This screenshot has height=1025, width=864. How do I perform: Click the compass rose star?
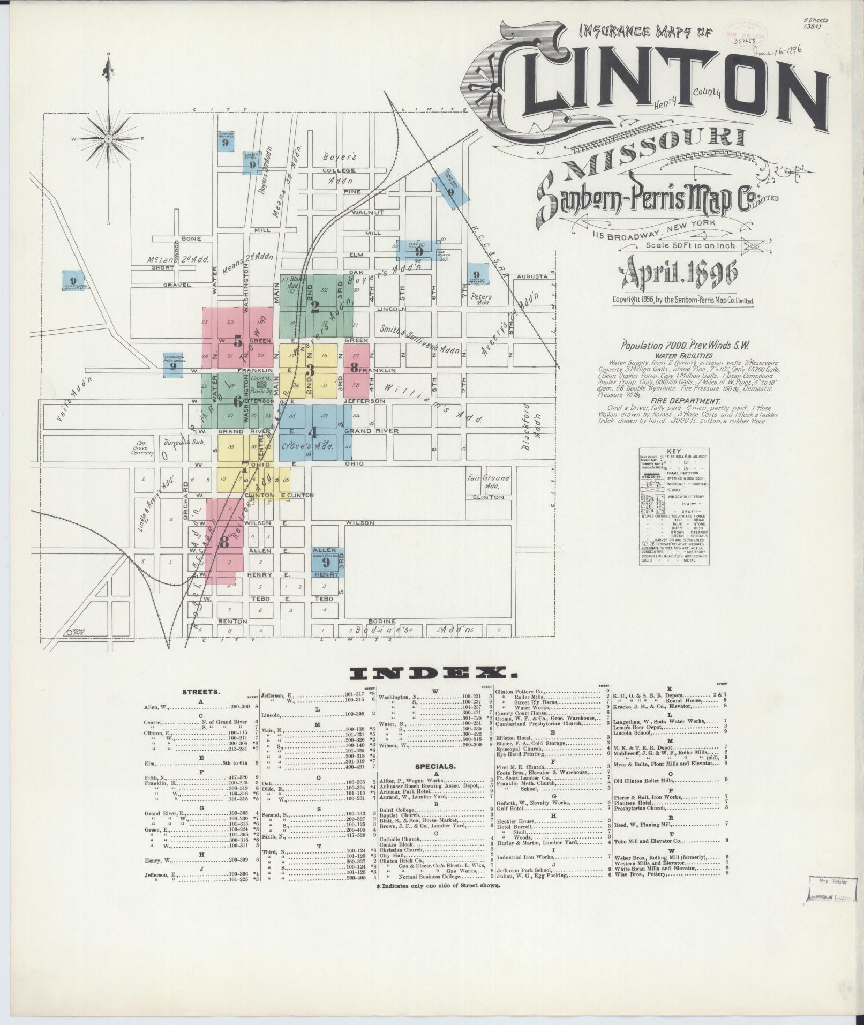click(x=108, y=139)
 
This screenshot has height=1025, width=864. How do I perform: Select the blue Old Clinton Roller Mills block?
click(x=74, y=281)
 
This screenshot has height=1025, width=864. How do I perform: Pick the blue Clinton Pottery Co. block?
click(x=476, y=275)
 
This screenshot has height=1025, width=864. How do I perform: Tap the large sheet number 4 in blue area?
click(x=314, y=431)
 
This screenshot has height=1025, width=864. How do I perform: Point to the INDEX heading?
click(x=433, y=674)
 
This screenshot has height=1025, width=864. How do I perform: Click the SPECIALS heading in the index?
click(x=434, y=767)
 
